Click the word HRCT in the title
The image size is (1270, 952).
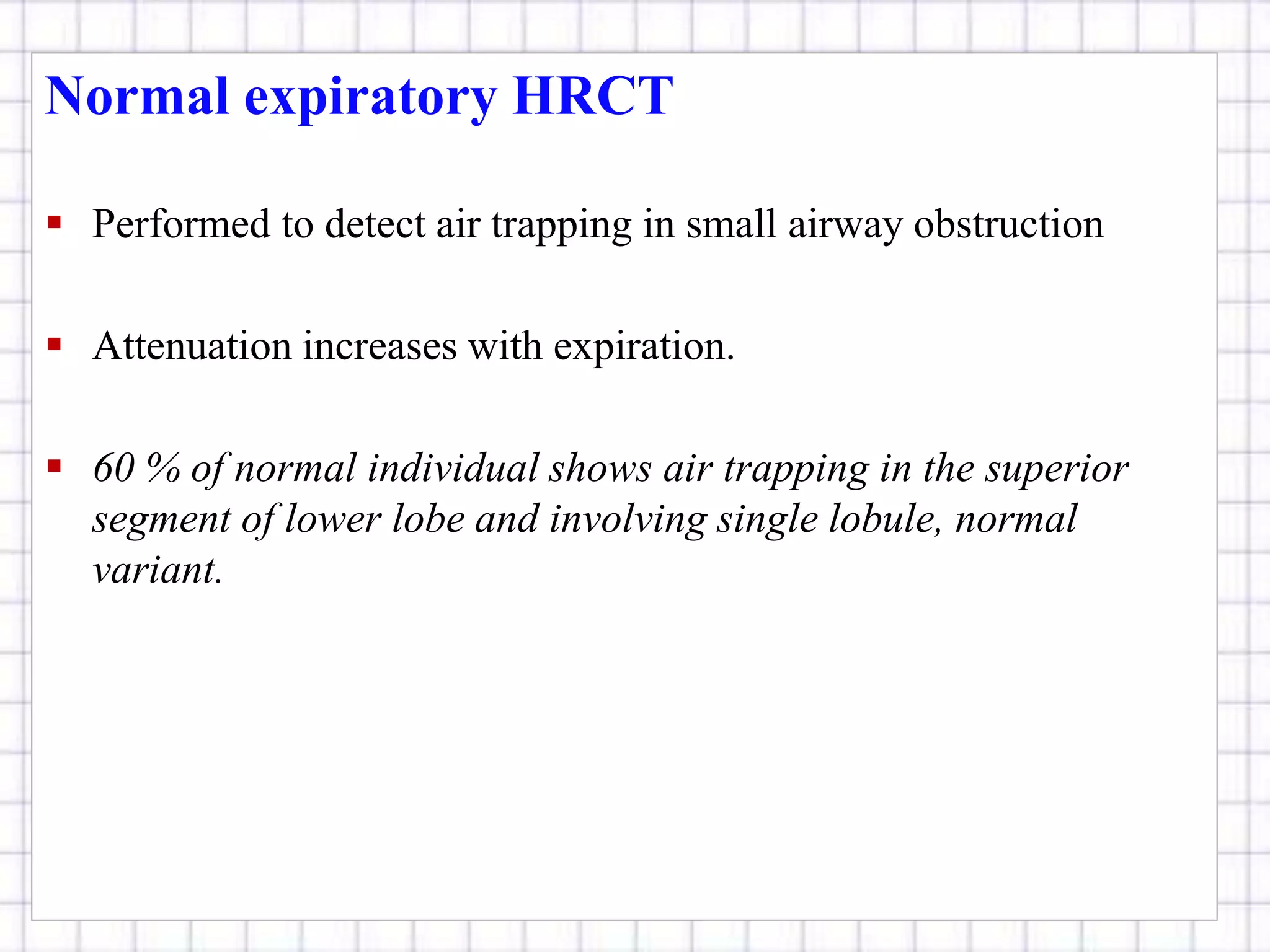pyautogui.click(x=592, y=97)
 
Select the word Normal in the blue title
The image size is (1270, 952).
pyautogui.click(x=137, y=97)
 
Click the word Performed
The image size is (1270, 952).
pyautogui.click(x=180, y=224)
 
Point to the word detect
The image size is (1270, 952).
pyautogui.click(x=375, y=224)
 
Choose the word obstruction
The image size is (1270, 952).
pyautogui.click(x=1008, y=224)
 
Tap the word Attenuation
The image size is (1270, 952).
pyautogui.click(x=192, y=346)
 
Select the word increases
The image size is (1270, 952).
pyautogui.click(x=380, y=346)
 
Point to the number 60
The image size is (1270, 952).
pyautogui.click(x=114, y=468)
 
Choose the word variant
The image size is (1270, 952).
pyautogui.click(x=157, y=570)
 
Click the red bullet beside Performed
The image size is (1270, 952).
pyautogui.click(x=55, y=222)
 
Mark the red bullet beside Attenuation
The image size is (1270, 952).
pyautogui.click(x=55, y=344)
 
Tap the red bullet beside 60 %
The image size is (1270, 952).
pyautogui.click(x=55, y=465)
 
